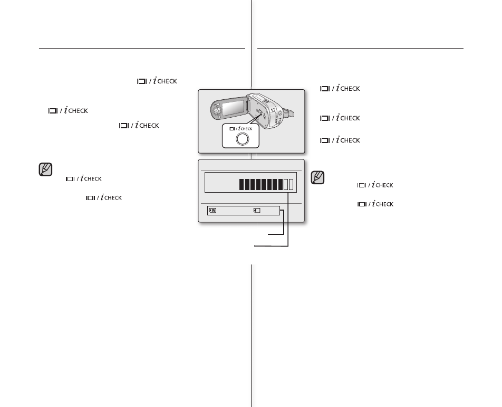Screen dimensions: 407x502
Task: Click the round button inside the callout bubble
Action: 242,138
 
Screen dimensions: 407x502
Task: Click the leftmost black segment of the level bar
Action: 242,184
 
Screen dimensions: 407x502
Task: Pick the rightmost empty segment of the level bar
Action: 291,184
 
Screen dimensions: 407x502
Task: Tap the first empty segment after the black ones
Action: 285,184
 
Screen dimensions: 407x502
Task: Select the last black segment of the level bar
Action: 280,184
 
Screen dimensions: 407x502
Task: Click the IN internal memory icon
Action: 213,210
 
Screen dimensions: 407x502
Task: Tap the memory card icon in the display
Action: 256,210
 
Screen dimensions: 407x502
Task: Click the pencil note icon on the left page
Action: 45,169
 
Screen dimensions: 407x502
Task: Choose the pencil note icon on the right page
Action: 318,177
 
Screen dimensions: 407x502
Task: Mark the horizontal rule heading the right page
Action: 360,48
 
